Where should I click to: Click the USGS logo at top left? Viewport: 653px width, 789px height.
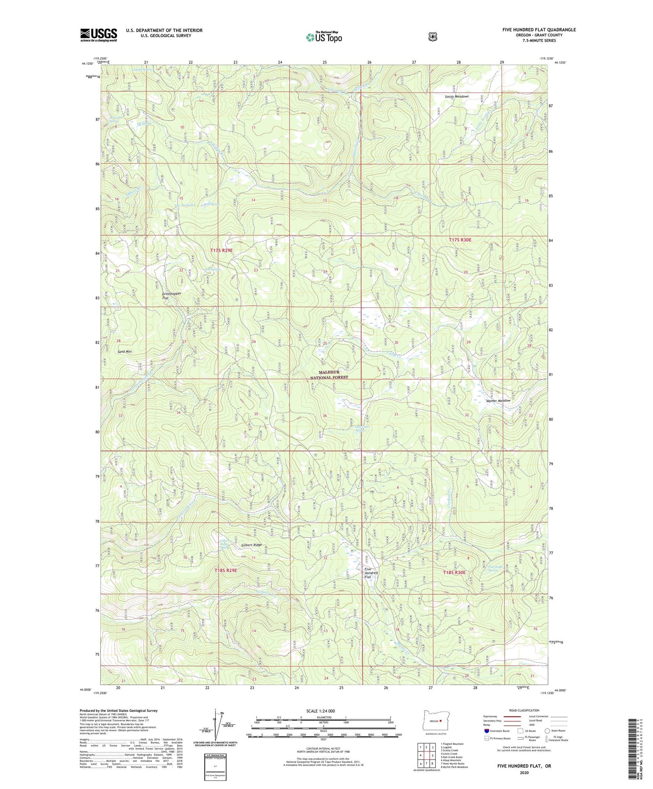99,35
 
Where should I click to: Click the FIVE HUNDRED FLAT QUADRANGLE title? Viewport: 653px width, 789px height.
539,30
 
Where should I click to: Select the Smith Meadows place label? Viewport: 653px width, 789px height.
456,96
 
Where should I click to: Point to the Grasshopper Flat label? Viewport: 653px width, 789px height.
171,296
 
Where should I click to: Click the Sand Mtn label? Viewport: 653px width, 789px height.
124,351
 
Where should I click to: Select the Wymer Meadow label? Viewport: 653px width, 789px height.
498,400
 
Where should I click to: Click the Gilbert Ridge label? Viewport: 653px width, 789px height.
251,545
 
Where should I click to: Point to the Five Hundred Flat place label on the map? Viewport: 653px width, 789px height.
371,573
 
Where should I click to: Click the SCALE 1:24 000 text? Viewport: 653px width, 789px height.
320,711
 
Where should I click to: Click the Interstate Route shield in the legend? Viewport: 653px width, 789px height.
486,731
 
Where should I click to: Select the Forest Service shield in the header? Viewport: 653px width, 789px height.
432,37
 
